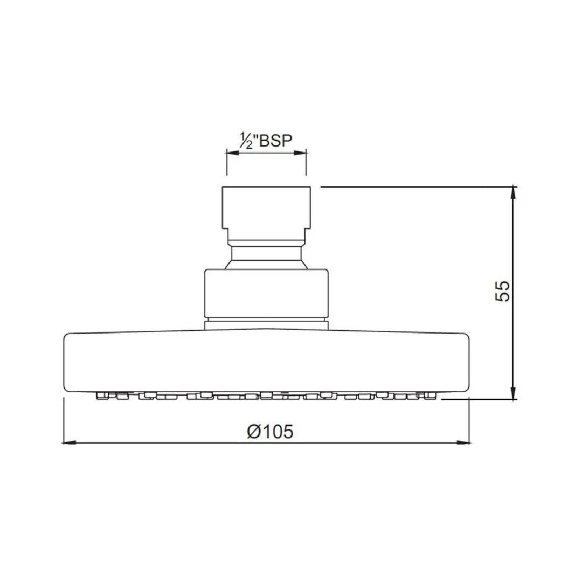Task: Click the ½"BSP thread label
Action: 266,141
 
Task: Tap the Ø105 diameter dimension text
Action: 270,431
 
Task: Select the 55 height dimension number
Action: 503,291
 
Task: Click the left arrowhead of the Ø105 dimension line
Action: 70,442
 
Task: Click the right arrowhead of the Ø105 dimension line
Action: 463,442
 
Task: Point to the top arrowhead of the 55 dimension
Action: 514,193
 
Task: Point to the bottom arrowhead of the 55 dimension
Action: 514,393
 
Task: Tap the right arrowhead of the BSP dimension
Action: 300,153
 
